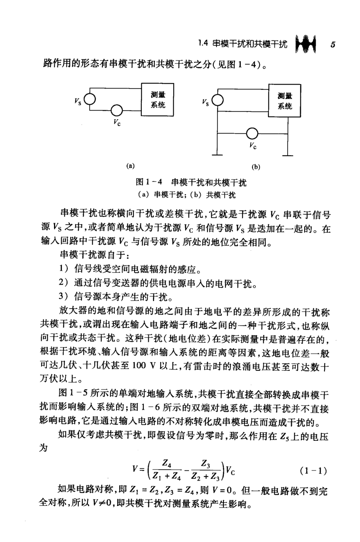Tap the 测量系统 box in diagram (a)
coord(158,100)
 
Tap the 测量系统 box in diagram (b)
coord(285,101)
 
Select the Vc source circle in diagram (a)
coord(117,110)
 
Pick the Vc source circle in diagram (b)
coord(252,133)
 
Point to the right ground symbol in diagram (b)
coord(288,154)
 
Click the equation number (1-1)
coord(313,471)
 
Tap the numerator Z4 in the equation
coord(167,463)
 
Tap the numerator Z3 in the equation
coord(206,463)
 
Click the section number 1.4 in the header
coord(203,43)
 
